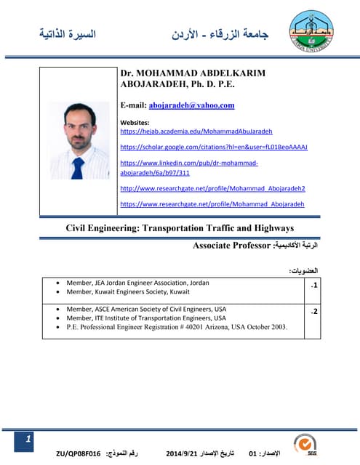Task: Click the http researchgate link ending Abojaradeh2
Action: tap(212, 188)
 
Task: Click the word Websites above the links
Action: tap(134, 122)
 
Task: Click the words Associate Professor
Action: tap(231, 246)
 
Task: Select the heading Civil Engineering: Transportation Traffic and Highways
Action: tap(180, 228)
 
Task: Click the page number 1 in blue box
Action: tap(28, 440)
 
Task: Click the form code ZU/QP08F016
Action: tap(80, 453)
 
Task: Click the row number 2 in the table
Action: tap(313, 312)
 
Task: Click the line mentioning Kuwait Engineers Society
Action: tap(128, 292)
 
